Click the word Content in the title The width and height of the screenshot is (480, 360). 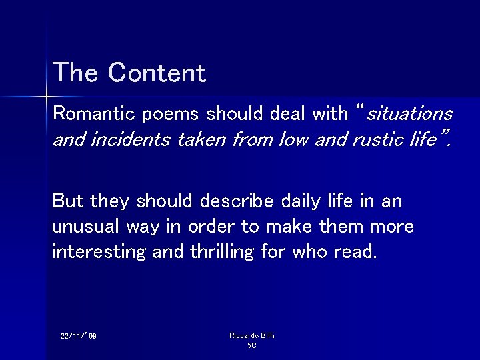157,73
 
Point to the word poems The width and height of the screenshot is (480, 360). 169,113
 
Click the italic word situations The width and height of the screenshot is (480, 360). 410,113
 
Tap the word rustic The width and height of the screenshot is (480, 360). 365,140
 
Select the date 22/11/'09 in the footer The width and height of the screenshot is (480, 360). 79,336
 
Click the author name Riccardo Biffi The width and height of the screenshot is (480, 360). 251,335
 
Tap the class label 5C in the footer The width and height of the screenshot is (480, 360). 251,345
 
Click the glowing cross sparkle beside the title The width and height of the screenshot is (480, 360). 47,97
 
